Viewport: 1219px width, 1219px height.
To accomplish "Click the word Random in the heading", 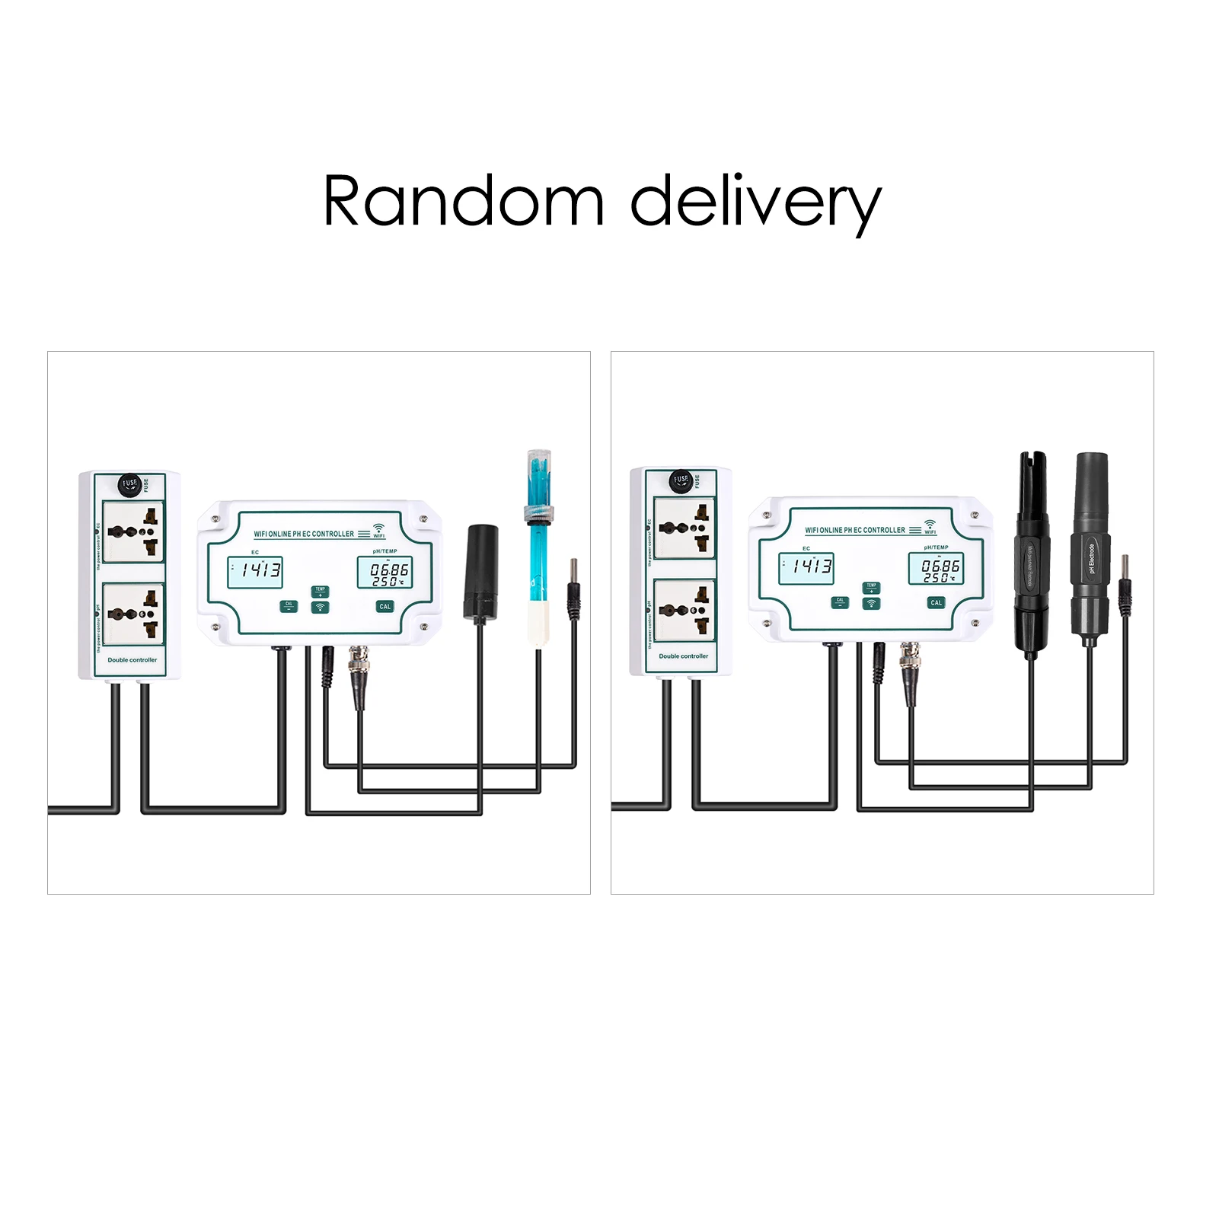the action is (463, 200).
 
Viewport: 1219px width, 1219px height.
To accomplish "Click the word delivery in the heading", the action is (755, 202).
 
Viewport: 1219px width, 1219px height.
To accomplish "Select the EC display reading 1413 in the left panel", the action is (255, 571).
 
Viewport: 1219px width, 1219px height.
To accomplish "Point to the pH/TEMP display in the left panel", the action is (385, 573).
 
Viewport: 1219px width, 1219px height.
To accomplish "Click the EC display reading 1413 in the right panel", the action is (806, 568).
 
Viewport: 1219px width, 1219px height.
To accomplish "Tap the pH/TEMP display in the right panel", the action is (936, 569).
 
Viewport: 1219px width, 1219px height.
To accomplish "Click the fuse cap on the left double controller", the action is (129, 484).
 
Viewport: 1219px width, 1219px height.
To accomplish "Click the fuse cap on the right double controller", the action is (681, 480).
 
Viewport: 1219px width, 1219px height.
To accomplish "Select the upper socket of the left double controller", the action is (133, 531).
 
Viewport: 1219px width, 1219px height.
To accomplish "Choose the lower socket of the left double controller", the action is (133, 614).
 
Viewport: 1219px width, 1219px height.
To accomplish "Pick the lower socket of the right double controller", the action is (684, 610).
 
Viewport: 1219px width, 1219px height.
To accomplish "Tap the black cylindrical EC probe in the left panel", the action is (481, 571).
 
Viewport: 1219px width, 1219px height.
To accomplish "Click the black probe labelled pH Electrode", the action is (1090, 556).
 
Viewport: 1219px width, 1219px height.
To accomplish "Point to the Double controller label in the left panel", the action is (132, 660).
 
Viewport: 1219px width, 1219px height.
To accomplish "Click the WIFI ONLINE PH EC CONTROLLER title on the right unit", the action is (855, 530).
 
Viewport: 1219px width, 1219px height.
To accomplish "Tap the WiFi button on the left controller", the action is (320, 608).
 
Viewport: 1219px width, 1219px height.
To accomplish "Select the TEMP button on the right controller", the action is (871, 587).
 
